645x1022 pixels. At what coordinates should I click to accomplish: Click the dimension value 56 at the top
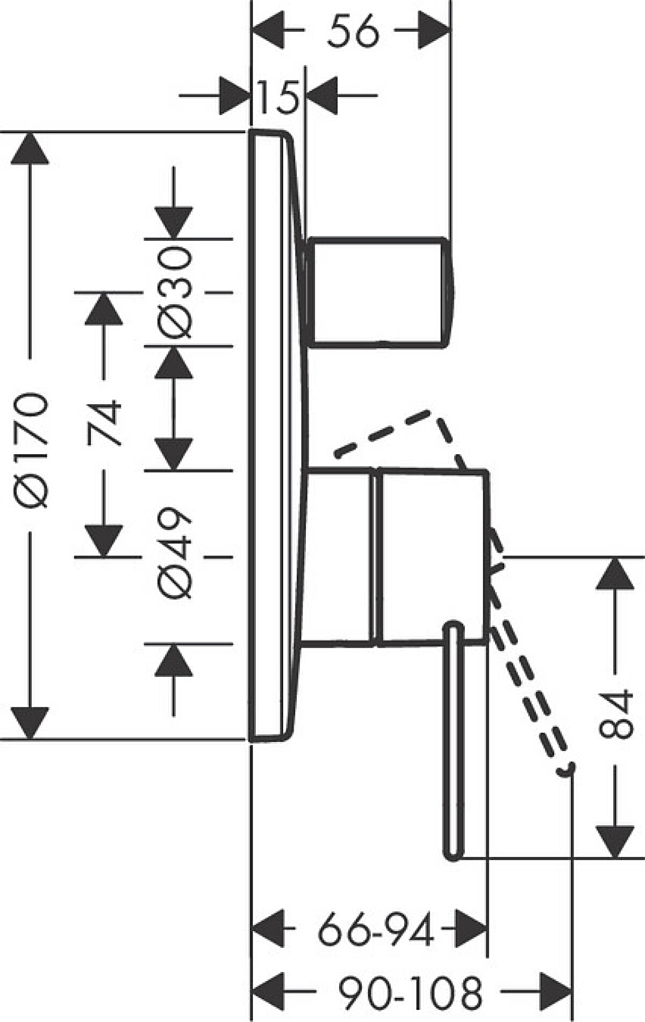[x=353, y=31]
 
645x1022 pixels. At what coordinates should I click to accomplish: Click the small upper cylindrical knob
[x=379, y=290]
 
